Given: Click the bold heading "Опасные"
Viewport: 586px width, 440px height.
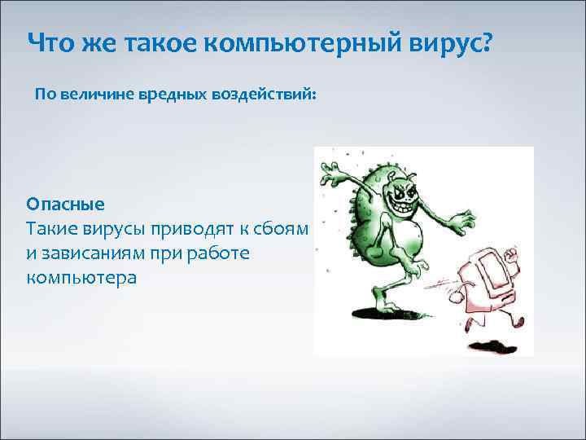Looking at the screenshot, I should coord(65,203).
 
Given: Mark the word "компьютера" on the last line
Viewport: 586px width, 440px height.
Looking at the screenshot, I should coord(81,278).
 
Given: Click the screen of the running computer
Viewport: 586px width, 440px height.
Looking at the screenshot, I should coord(488,269).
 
